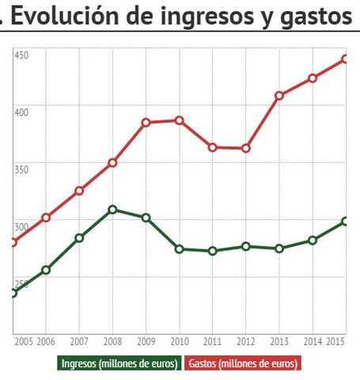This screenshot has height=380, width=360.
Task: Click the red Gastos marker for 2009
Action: coord(146,123)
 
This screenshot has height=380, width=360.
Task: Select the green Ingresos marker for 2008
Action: coord(112,210)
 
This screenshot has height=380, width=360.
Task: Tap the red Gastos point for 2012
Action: coord(246,148)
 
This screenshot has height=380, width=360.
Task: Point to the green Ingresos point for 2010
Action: coord(180,249)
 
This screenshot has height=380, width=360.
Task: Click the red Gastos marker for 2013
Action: coord(279,95)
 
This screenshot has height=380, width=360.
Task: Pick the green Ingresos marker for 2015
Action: coord(346,221)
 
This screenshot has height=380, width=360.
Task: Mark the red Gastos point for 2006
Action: coord(46,217)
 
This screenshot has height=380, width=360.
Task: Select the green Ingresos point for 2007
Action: coord(79,237)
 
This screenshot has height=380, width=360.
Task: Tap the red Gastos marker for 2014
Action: coord(313,78)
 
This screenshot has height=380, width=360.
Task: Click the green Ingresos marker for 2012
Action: coord(246,246)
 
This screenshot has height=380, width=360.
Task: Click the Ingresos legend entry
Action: coord(119,364)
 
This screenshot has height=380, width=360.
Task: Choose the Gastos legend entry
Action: coord(244,364)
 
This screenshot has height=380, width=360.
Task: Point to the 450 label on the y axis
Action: coord(21,55)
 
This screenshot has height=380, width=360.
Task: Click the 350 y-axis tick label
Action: coord(21,169)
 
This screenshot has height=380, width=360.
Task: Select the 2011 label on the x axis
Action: coord(213,341)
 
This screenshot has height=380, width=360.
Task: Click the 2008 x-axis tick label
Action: coord(112,341)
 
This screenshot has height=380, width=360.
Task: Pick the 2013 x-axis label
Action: coord(279,341)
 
